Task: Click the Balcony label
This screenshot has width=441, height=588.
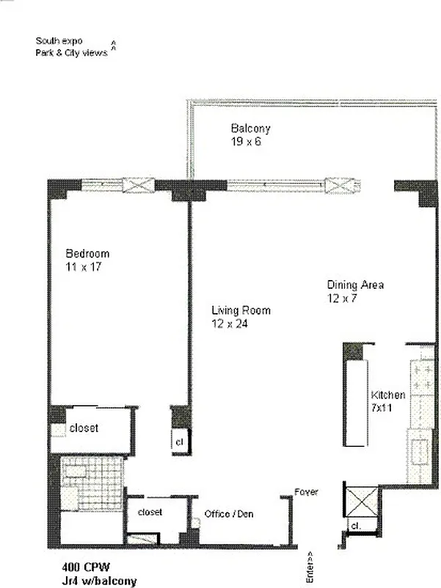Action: pos(251,129)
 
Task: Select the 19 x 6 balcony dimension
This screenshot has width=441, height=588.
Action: pos(247,141)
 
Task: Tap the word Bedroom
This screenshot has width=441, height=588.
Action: pos(87,254)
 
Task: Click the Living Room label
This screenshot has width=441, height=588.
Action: pos(241,311)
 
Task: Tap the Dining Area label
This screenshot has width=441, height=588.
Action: pos(355,285)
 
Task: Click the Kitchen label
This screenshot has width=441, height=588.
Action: pos(388,395)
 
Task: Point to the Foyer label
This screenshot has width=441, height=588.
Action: pos(306,492)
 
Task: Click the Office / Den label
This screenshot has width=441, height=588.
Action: pos(229,514)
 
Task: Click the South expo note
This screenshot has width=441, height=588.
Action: pos(59,41)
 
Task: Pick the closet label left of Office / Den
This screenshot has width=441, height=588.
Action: pos(150,512)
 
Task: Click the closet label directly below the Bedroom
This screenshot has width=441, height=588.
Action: pos(84,428)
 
